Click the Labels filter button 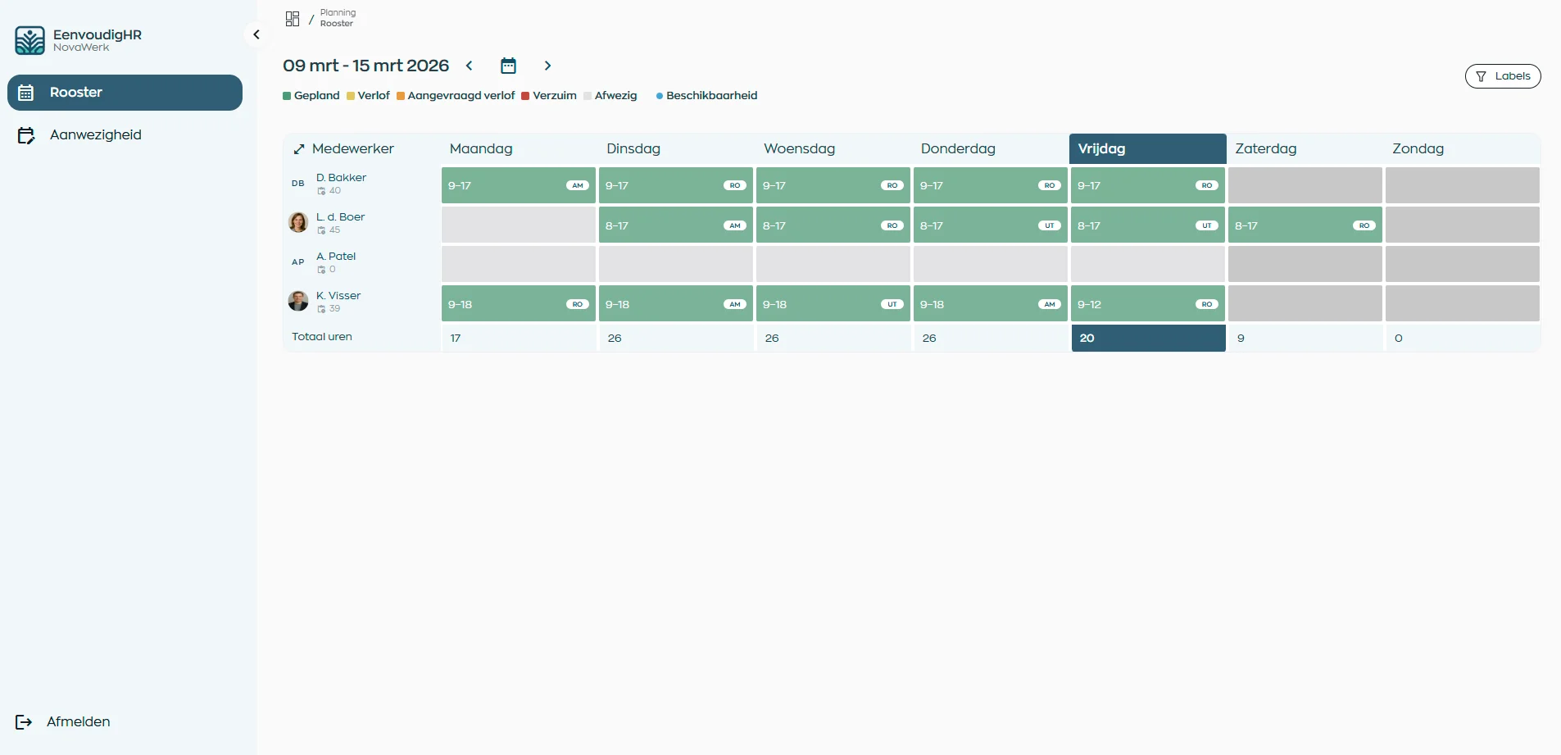[1502, 76]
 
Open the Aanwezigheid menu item [95, 135]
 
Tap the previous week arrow [470, 66]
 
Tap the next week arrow [547, 66]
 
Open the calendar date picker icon [508, 66]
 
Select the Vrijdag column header [1147, 148]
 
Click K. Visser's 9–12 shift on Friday [1147, 304]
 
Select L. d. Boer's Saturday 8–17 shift [1305, 225]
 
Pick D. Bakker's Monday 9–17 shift [518, 185]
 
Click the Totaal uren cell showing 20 [1147, 338]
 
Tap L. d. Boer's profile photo [298, 222]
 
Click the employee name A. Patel [336, 257]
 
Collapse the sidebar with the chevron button [256, 34]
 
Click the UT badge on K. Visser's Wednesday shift [892, 304]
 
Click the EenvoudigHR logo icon [30, 40]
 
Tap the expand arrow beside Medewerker [299, 149]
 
